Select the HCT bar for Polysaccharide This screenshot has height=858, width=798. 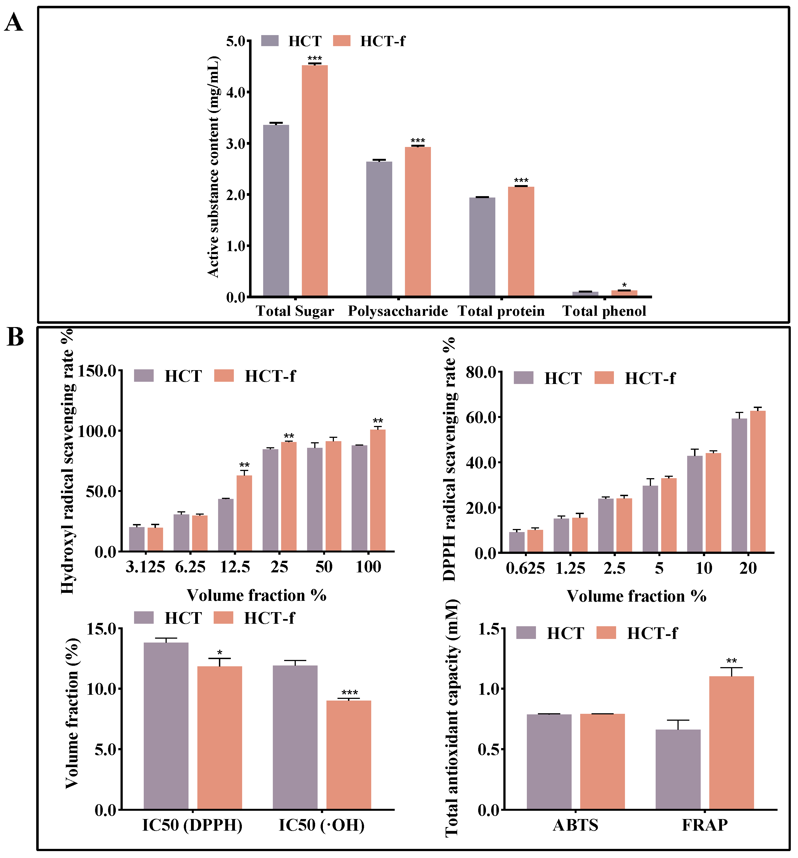pos(379,229)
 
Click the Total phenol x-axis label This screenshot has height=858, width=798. pos(604,311)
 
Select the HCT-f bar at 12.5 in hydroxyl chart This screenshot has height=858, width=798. pos(244,513)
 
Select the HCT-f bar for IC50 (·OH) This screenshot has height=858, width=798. pos(349,755)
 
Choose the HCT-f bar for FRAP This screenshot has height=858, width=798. pos(731,742)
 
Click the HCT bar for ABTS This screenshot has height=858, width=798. pos(549,762)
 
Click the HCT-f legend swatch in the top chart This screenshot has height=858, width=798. pos(342,41)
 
